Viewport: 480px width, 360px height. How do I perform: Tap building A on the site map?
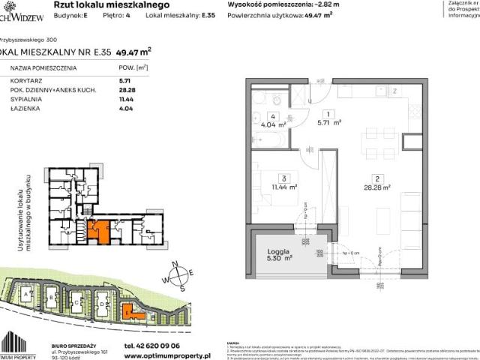tap(28, 297)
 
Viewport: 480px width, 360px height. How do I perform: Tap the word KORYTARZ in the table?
tap(28, 79)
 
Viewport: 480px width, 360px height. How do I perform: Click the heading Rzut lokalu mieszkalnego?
tap(97, 5)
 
